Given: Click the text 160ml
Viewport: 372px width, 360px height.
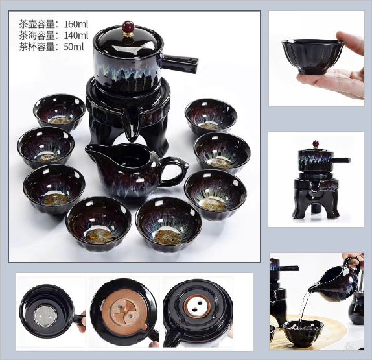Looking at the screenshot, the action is [x=76, y=24].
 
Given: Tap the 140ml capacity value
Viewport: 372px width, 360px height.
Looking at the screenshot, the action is [x=76, y=36].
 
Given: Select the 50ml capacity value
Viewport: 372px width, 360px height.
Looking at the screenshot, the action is [x=74, y=47].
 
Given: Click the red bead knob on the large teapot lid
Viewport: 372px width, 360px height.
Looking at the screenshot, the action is [x=128, y=27].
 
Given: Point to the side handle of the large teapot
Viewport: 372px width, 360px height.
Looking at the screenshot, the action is [x=181, y=63].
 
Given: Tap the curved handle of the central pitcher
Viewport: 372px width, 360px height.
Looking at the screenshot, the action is [x=174, y=171].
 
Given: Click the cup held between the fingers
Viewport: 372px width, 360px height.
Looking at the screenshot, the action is [x=312, y=56].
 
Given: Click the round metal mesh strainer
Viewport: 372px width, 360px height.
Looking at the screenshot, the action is [x=45, y=316].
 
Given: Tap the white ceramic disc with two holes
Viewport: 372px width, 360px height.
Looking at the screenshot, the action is [x=198, y=307].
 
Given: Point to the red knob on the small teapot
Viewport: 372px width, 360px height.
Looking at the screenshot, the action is [x=316, y=144].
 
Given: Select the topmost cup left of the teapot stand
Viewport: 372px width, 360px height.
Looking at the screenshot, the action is [x=60, y=112].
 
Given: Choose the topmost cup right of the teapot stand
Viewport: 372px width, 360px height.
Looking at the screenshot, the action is [x=211, y=116].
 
